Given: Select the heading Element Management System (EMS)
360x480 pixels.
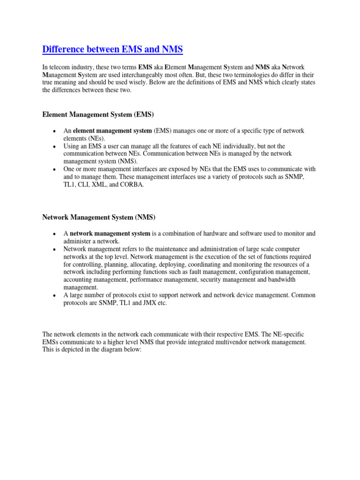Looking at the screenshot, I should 98,114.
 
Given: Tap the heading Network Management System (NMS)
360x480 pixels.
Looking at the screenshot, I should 98,217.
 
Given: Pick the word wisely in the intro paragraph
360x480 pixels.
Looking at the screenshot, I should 141,82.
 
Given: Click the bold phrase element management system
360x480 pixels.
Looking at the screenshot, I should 112,131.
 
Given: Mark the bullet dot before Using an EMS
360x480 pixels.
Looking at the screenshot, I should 55,147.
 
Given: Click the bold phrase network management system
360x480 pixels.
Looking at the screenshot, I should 110,233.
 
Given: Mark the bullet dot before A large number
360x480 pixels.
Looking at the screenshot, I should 55,295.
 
